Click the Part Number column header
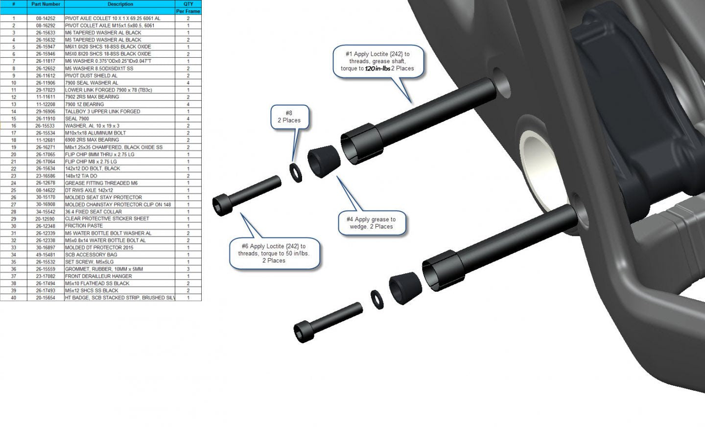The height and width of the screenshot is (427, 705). click(x=46, y=4)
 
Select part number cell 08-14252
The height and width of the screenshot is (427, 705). click(x=46, y=18)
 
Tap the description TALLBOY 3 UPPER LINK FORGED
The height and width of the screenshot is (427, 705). click(x=102, y=112)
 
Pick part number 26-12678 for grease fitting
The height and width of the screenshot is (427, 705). click(x=46, y=183)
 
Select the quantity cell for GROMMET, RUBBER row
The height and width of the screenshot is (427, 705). click(x=188, y=269)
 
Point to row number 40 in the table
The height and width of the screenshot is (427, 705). click(x=14, y=298)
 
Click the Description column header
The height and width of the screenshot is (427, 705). click(x=120, y=4)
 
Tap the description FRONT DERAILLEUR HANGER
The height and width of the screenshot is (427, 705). click(x=98, y=276)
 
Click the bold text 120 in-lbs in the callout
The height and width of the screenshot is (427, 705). click(x=377, y=69)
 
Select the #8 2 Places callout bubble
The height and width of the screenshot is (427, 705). click(x=289, y=117)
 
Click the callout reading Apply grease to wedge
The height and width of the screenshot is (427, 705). click(x=372, y=223)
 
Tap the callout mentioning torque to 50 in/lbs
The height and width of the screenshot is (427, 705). click(x=274, y=254)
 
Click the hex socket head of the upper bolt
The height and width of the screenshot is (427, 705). click(x=222, y=205)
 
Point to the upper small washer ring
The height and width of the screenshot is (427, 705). click(x=296, y=172)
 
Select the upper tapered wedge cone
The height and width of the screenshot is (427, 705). click(x=324, y=162)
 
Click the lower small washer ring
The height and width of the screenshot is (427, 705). click(x=377, y=300)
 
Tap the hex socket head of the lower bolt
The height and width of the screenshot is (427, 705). click(x=304, y=332)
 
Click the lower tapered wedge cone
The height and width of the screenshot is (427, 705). click(x=405, y=288)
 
